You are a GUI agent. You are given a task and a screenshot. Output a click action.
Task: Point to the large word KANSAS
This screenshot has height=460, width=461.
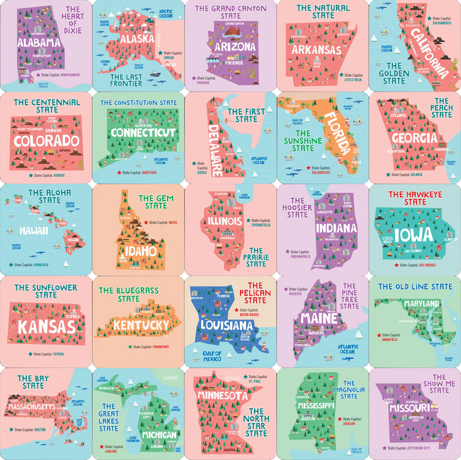[x=46, y=327]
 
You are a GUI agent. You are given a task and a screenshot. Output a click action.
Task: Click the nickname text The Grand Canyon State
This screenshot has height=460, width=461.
[x=230, y=12]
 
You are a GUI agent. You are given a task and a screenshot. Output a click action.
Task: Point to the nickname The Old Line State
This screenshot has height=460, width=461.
[x=414, y=287]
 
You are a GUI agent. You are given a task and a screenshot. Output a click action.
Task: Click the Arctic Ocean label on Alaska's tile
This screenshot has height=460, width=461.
[x=166, y=13]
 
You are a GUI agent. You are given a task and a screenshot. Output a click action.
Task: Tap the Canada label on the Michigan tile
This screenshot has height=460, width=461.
[x=170, y=378]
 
